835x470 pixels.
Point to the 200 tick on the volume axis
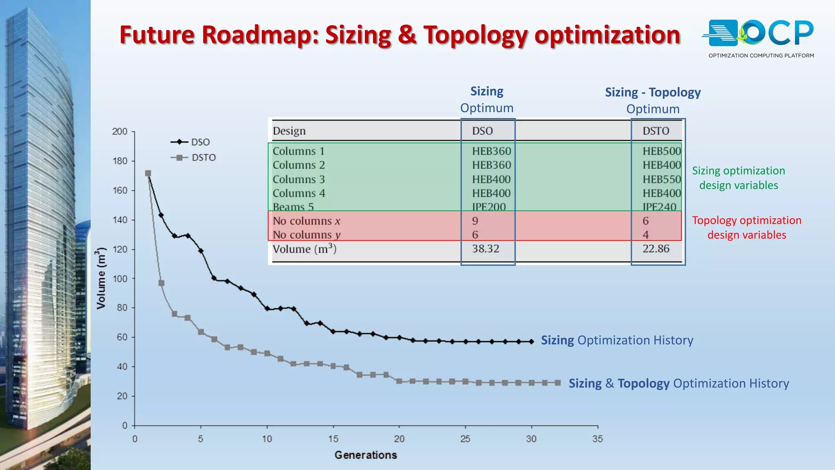120,131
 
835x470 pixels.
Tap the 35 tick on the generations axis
597,439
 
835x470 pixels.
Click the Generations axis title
366,455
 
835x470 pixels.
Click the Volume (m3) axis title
101,278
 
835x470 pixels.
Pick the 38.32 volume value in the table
486,248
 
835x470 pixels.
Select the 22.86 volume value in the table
656,248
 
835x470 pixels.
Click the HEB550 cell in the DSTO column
662,179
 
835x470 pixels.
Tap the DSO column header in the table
482,131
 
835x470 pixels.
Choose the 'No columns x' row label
306,221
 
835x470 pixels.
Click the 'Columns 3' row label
299,179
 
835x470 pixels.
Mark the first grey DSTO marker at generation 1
148,173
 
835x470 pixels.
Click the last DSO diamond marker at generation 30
531,341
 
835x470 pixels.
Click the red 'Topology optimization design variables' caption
747,227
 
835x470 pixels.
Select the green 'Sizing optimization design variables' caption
738,178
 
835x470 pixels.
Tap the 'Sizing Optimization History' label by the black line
617,340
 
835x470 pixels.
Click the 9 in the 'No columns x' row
475,221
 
